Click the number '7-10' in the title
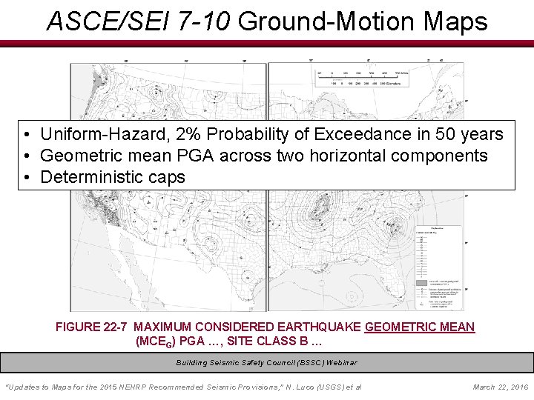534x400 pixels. point(196,21)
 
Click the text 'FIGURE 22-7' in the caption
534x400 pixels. point(92,327)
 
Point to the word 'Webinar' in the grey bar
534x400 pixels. point(341,363)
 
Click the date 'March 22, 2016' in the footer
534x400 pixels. point(500,387)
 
